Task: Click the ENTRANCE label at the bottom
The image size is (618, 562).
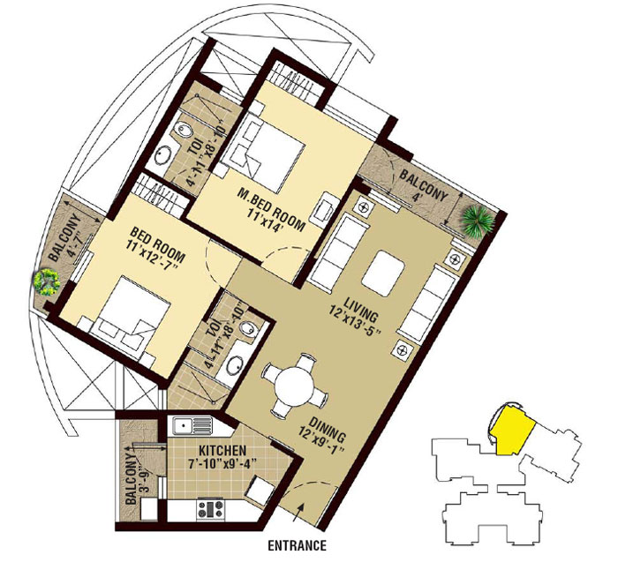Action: (x=298, y=545)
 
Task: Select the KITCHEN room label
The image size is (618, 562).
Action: (x=222, y=451)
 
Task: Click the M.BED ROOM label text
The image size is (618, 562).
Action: (x=271, y=210)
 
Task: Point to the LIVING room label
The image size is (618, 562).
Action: (x=361, y=309)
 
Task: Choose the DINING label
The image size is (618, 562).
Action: (x=328, y=430)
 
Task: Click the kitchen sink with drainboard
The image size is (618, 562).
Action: (x=192, y=426)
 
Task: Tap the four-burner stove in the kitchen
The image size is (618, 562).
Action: (x=210, y=508)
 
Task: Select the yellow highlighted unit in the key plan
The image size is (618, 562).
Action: (x=511, y=430)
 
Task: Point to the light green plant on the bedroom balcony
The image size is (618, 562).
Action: (x=47, y=282)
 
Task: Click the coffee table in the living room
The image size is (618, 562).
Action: (x=383, y=274)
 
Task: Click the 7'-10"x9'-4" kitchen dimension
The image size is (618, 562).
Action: (x=222, y=462)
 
